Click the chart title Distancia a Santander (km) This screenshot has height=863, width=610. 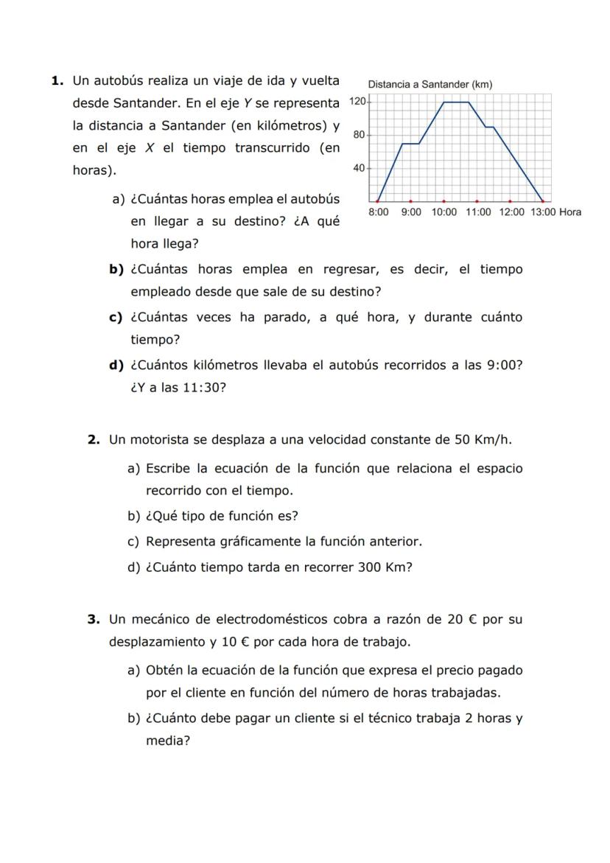430,85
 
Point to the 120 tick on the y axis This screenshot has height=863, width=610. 358,101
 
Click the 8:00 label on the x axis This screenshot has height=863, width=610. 379,212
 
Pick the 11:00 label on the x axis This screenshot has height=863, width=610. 478,212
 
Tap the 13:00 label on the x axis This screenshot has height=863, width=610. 543,212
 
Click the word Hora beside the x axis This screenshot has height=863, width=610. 570,212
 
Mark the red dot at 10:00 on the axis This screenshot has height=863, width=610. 444,200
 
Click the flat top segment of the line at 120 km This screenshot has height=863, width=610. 456,102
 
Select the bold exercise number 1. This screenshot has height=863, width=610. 56,80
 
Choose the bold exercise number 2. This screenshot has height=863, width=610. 93,440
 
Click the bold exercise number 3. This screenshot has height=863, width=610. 93,619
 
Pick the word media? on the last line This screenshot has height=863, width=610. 168,741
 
